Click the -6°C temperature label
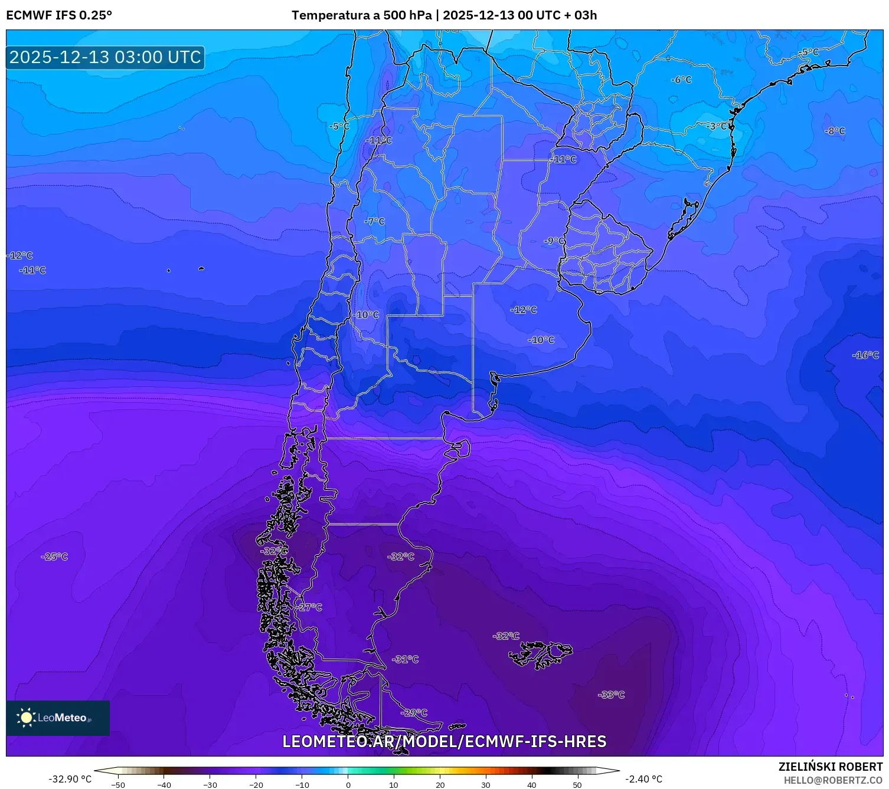(x=681, y=80)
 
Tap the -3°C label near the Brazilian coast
(x=717, y=126)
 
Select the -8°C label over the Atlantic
(x=835, y=131)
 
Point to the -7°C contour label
(x=374, y=222)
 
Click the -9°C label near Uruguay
(x=554, y=241)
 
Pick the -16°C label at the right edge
(x=865, y=355)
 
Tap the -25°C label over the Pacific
(x=54, y=557)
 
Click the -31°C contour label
(x=405, y=659)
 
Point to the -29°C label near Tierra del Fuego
(x=414, y=713)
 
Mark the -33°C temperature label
(x=611, y=695)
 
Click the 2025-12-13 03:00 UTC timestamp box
(x=105, y=57)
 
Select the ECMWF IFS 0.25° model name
(x=59, y=15)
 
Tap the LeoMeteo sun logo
(x=26, y=718)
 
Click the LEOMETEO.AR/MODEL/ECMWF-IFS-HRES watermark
(x=444, y=742)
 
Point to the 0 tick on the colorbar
(x=348, y=784)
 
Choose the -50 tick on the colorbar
(x=118, y=784)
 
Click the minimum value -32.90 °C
(x=70, y=779)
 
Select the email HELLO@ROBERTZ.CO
(x=833, y=780)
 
